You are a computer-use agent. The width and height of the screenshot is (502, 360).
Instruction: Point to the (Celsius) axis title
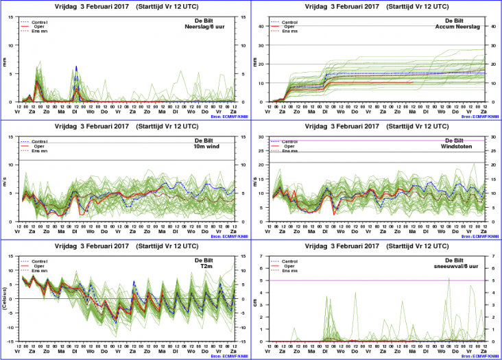click(x=5, y=299)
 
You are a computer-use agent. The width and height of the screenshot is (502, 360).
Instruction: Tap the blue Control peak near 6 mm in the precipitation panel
click(x=76, y=67)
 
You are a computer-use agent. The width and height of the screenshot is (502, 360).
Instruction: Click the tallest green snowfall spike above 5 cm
click(x=449, y=278)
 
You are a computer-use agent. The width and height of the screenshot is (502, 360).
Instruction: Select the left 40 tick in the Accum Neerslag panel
click(x=262, y=26)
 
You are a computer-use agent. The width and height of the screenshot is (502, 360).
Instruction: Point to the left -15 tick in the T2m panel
click(x=12, y=341)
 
